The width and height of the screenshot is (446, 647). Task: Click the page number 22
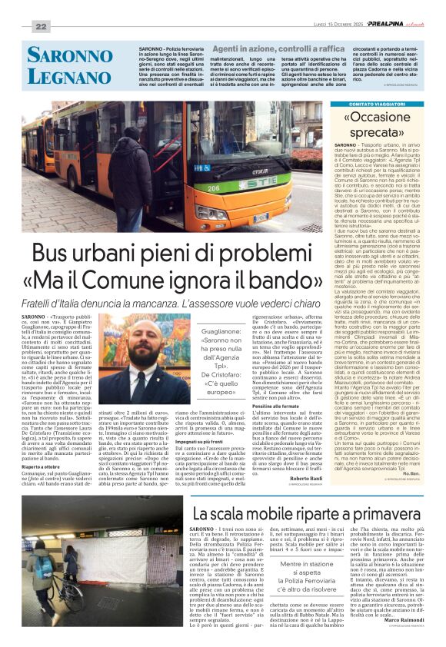(x=40, y=27)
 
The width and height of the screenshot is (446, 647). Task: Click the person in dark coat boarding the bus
(x=130, y=181)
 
